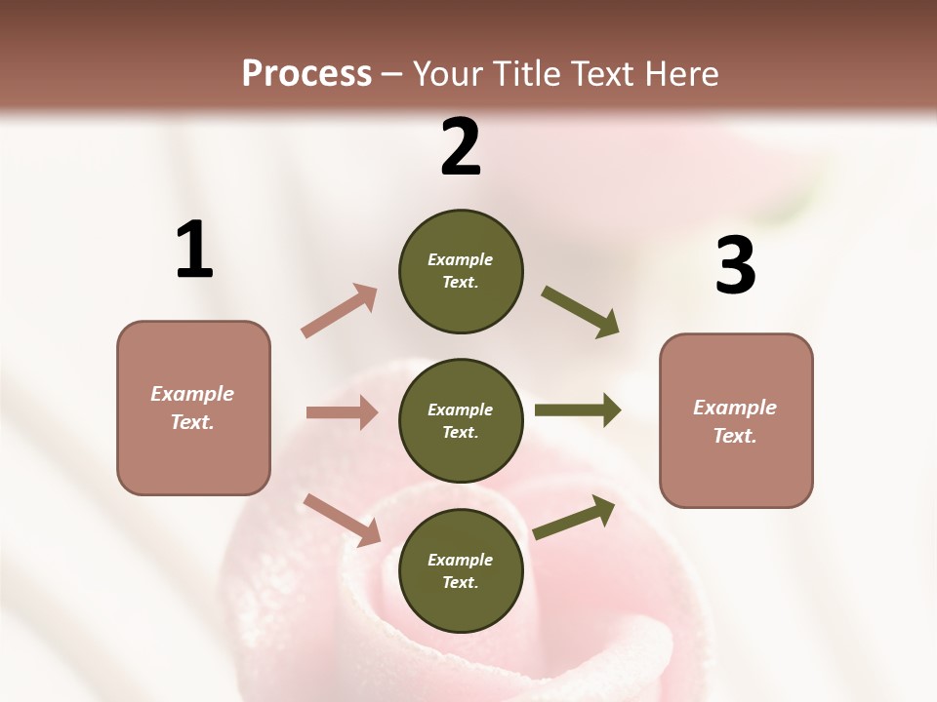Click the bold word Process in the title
coord(306,73)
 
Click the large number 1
coord(194,251)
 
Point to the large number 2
coord(461,147)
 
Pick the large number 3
coord(735,266)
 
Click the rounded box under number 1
coord(193,408)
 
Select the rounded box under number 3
coord(736,420)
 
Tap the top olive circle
coord(461,271)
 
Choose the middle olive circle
coord(461,420)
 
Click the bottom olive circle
coord(461,570)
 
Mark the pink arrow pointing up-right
coord(339,311)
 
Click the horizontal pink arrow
coord(342,412)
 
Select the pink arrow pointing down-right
coord(342,520)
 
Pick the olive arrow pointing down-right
coord(581,312)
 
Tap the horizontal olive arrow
coord(578,409)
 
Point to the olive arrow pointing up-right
coord(574,518)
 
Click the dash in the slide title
coord(392,75)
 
